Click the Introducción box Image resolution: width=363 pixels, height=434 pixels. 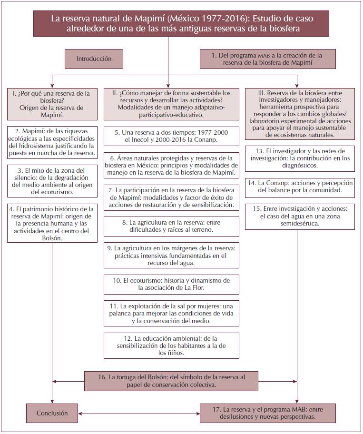pos(94,59)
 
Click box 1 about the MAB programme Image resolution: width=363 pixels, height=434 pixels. pos(267,59)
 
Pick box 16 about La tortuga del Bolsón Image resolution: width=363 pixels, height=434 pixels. pos(172,381)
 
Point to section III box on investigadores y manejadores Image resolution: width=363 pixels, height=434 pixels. pos(300,113)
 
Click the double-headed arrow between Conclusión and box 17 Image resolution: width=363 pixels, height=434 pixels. pos(138,414)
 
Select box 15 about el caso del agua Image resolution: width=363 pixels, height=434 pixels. pos(300,217)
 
